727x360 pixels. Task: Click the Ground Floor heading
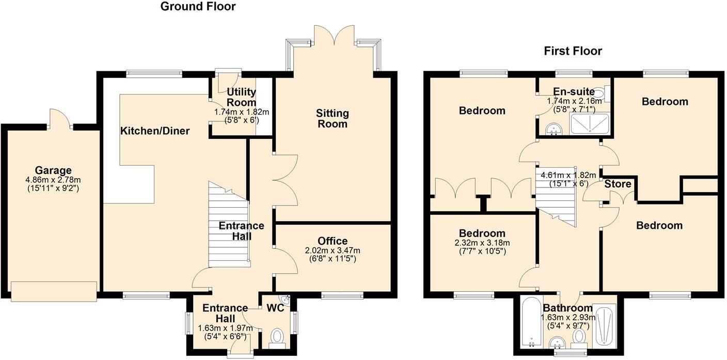(198, 7)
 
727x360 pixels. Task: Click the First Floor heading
(573, 51)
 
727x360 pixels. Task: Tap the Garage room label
(53, 170)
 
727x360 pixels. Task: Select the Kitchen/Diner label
(155, 131)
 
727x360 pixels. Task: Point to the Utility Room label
(241, 97)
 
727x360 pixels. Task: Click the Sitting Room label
(333, 118)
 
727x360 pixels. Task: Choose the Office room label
(333, 241)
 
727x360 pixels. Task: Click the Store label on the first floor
(618, 184)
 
